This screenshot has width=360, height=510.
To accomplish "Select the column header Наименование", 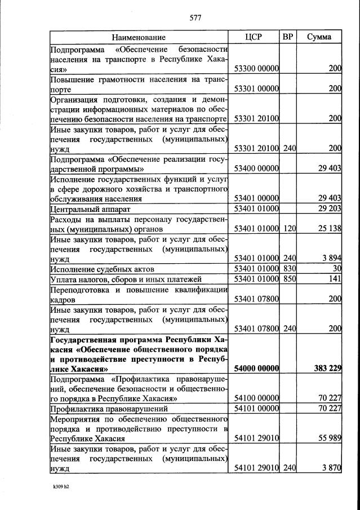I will [x=139, y=37].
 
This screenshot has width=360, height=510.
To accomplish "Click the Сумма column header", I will [x=319, y=37].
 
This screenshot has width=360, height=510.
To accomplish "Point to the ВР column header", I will [x=288, y=37].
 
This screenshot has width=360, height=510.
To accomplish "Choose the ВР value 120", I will [x=290, y=229].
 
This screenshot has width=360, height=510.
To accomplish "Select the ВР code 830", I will [x=290, y=269].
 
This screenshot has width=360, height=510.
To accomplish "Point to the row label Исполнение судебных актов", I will [x=101, y=269].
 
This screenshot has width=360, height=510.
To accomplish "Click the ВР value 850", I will [x=290, y=279].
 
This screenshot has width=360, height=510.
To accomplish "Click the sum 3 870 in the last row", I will [x=331, y=468].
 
